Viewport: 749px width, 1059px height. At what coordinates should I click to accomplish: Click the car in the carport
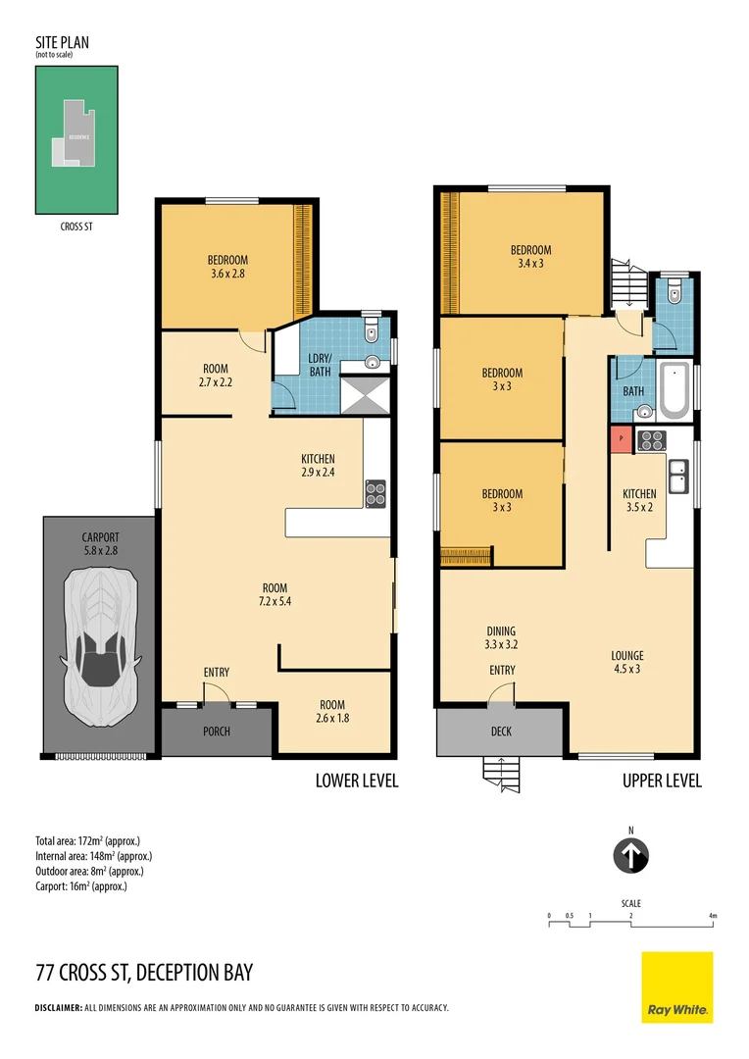98,647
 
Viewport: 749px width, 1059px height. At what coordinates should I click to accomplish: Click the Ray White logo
677,987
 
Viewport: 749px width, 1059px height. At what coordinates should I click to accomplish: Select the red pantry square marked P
621,440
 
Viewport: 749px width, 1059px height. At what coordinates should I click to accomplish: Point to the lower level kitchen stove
375,493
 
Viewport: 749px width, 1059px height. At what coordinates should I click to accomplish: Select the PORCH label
217,731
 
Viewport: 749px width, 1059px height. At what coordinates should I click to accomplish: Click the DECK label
501,731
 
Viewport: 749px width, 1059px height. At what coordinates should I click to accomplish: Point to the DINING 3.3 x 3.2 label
501,638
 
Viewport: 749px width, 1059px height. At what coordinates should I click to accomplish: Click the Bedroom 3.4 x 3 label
530,257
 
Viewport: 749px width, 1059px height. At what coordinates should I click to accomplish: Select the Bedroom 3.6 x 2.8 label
226,267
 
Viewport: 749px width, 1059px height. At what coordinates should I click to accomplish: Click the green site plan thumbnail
76,140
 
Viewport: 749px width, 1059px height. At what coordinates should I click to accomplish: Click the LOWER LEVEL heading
356,781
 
